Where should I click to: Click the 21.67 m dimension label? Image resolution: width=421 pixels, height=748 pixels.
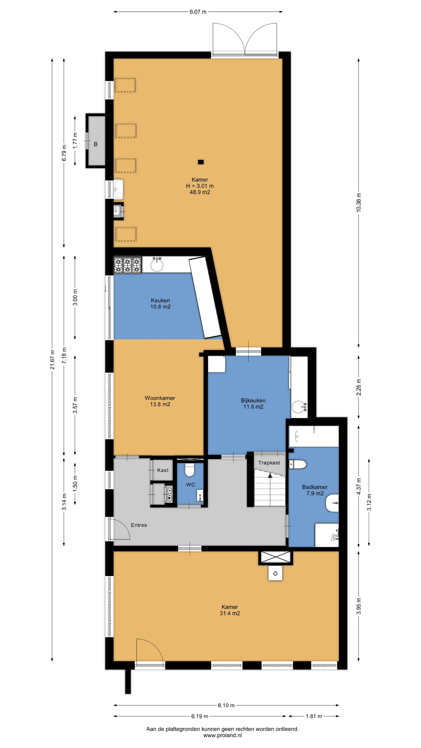[x=52, y=359]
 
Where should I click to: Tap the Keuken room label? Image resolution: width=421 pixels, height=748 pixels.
[x=160, y=300]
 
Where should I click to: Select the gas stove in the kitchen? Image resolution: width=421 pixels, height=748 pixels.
[x=127, y=265]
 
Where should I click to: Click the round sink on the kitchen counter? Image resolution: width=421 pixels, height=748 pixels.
[x=157, y=264]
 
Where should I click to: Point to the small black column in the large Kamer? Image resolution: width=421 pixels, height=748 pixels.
[x=201, y=162]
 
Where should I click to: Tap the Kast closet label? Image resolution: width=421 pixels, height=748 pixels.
[x=163, y=470]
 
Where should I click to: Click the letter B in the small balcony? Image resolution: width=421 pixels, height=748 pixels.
[x=96, y=144]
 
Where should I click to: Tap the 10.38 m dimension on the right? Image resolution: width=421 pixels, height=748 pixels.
[x=359, y=202]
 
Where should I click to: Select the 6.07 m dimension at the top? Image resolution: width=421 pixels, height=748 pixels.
[x=198, y=12]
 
